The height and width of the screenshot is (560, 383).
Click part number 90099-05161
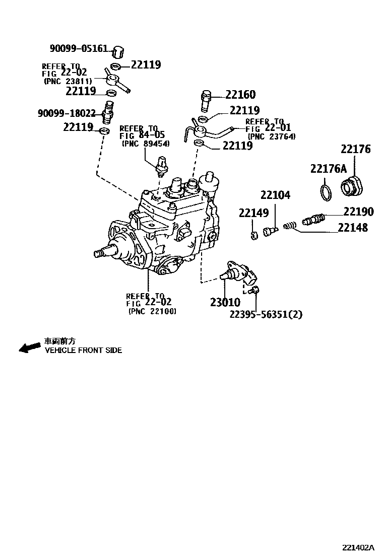point(78,48)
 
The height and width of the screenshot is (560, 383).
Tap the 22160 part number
point(240,95)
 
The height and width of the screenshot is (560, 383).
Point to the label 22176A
point(328,169)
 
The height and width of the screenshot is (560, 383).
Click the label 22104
point(275,195)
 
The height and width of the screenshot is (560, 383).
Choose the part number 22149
point(253,214)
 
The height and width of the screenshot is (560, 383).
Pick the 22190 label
point(358,212)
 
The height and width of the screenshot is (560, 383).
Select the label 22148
point(352,228)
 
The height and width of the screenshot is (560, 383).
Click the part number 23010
point(225,302)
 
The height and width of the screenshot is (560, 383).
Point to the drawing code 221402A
point(358,547)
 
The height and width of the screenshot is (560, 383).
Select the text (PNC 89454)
point(146,144)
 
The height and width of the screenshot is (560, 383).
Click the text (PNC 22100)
point(152,311)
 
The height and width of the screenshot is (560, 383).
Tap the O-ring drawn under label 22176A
point(326,192)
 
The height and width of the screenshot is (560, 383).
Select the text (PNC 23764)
point(271,136)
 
